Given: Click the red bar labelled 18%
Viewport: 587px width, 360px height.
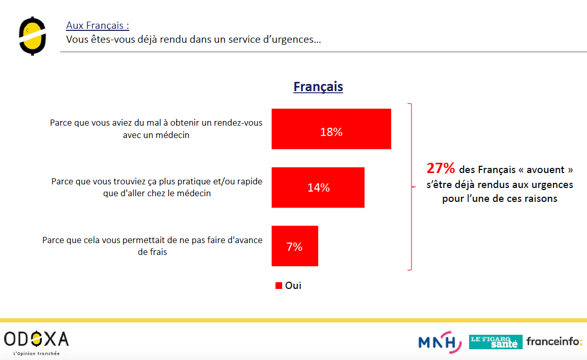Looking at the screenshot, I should [331, 129].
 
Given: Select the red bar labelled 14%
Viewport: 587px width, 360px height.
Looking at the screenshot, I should [318, 187].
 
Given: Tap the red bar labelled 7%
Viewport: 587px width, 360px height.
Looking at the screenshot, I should [295, 246].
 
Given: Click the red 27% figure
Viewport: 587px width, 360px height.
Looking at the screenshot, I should [441, 168].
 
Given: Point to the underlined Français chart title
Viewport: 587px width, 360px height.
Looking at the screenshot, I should [318, 87].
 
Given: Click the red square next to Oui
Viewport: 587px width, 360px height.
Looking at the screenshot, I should [279, 285].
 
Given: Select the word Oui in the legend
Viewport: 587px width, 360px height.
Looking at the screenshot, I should [293, 285].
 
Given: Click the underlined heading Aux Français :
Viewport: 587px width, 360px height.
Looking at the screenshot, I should [97, 25].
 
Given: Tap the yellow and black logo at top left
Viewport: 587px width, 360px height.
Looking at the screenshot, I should [32, 36].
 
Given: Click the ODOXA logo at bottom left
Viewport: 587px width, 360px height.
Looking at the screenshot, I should [36, 339].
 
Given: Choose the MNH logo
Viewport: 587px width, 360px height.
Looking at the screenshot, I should [440, 341].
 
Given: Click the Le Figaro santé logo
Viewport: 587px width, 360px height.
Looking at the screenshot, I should [495, 341].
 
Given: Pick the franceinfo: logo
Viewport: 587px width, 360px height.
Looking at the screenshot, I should [554, 341].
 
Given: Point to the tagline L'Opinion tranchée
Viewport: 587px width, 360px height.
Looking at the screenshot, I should [36, 353].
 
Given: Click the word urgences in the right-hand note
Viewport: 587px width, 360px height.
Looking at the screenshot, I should [551, 184].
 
